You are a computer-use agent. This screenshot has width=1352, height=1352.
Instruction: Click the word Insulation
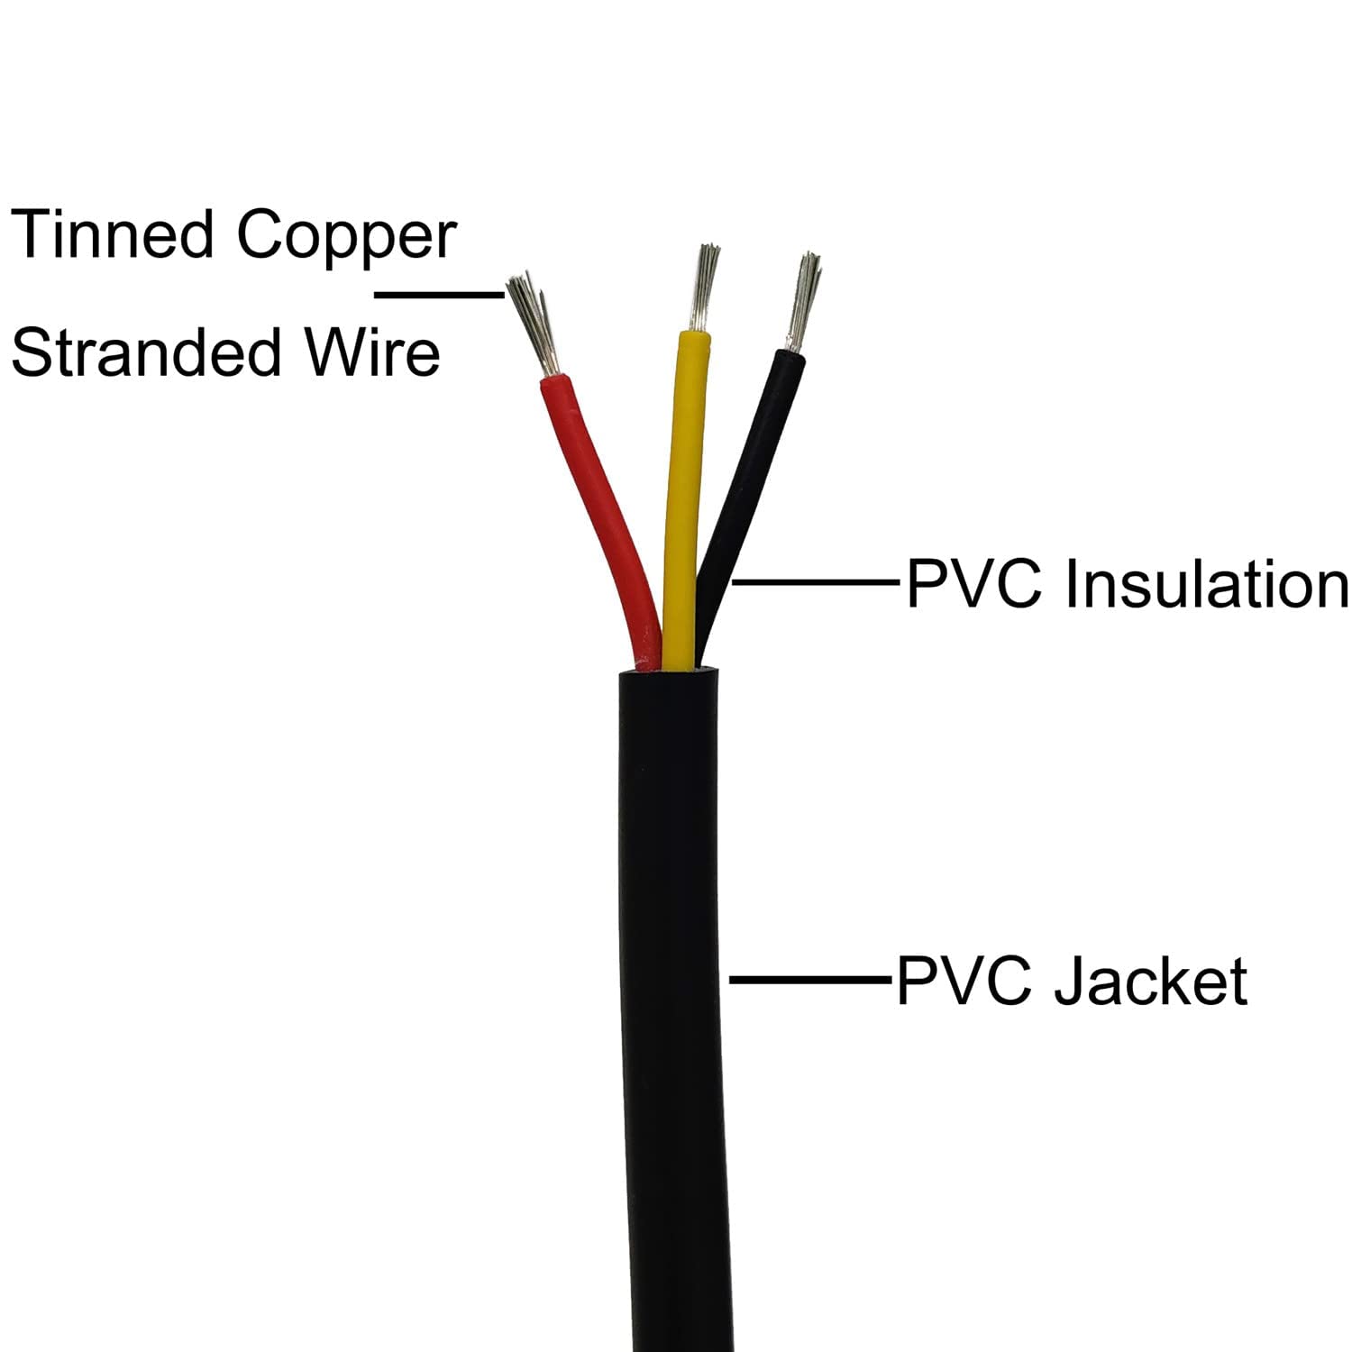(1206, 585)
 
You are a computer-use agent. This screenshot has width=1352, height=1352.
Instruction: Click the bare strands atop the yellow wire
(702, 287)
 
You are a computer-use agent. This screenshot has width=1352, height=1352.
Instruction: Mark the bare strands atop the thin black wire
(803, 302)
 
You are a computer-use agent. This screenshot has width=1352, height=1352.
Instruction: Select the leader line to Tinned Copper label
(439, 294)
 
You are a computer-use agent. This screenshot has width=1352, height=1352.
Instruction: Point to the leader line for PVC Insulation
(816, 583)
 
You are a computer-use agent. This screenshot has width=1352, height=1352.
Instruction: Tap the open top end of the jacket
(668, 672)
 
